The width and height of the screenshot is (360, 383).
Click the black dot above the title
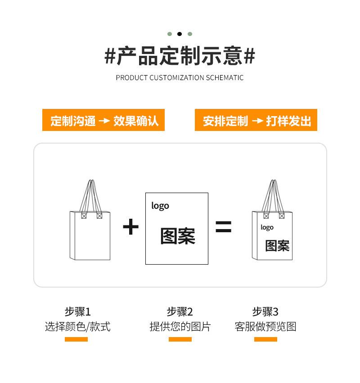(x=180, y=34)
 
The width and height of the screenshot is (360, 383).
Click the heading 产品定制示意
(x=180, y=57)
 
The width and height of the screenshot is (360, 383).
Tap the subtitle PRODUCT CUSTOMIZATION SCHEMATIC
(x=180, y=77)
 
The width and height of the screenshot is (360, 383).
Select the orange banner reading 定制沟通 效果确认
(x=103, y=121)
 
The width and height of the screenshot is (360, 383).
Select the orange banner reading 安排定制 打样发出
(x=256, y=121)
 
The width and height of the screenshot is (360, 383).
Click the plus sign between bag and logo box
(x=130, y=227)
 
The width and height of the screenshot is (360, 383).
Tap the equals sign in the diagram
(x=223, y=227)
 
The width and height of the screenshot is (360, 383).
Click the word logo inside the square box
(x=160, y=206)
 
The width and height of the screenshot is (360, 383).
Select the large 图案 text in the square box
(x=178, y=236)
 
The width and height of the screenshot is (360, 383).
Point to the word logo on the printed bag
(x=267, y=227)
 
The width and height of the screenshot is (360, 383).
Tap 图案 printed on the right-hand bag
(x=277, y=246)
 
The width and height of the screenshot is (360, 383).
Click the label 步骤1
(x=77, y=311)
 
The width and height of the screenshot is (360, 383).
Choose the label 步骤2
(x=180, y=311)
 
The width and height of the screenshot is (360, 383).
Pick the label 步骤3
(x=265, y=311)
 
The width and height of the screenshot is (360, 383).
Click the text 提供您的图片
(x=180, y=327)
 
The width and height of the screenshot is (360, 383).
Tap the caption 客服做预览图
(x=265, y=327)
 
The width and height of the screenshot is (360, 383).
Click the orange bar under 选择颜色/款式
(x=76, y=339)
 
